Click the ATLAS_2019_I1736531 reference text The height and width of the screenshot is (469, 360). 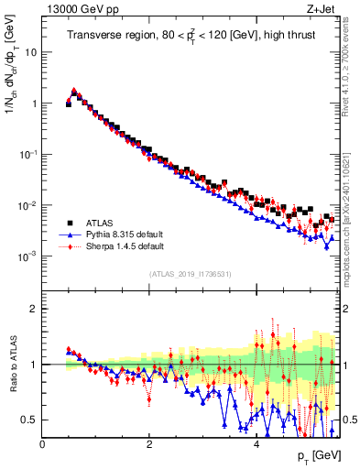[191, 274]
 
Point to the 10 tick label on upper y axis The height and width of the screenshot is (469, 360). [31, 52]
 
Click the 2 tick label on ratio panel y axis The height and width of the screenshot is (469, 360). [35, 309]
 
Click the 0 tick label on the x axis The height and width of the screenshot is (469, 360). [43, 443]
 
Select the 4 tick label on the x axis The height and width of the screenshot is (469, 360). [256, 443]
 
